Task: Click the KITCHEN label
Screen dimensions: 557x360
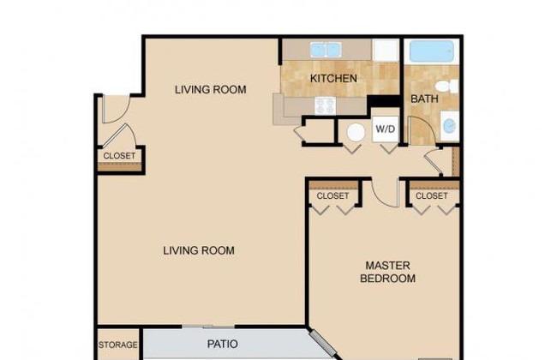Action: click(333, 78)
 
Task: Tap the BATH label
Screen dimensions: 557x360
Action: click(424, 99)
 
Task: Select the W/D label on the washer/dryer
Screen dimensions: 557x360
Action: click(386, 129)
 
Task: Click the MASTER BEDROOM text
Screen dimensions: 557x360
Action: click(387, 272)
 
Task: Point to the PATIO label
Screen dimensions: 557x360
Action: click(223, 344)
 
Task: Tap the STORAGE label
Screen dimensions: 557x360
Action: click(118, 345)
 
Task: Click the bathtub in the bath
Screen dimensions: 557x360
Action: click(432, 51)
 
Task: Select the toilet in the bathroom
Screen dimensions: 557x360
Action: click(446, 86)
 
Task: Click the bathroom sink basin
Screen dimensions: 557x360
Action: click(449, 126)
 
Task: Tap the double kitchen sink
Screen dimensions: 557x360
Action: click(326, 50)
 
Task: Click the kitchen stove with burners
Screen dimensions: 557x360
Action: click(325, 105)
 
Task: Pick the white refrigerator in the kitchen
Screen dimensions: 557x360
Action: click(386, 50)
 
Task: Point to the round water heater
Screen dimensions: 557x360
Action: click(356, 133)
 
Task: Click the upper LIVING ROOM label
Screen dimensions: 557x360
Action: click(210, 89)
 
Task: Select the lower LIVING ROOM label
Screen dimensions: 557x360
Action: click(199, 250)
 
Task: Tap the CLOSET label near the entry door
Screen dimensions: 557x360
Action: click(119, 156)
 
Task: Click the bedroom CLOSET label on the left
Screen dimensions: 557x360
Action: click(332, 195)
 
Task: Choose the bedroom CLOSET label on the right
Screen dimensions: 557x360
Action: click(432, 195)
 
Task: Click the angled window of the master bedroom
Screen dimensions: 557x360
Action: click(322, 343)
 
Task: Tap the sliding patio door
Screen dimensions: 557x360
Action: click(208, 327)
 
